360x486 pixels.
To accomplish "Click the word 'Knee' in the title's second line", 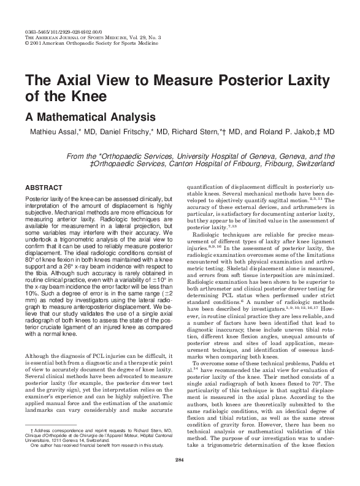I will (x=88, y=96).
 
